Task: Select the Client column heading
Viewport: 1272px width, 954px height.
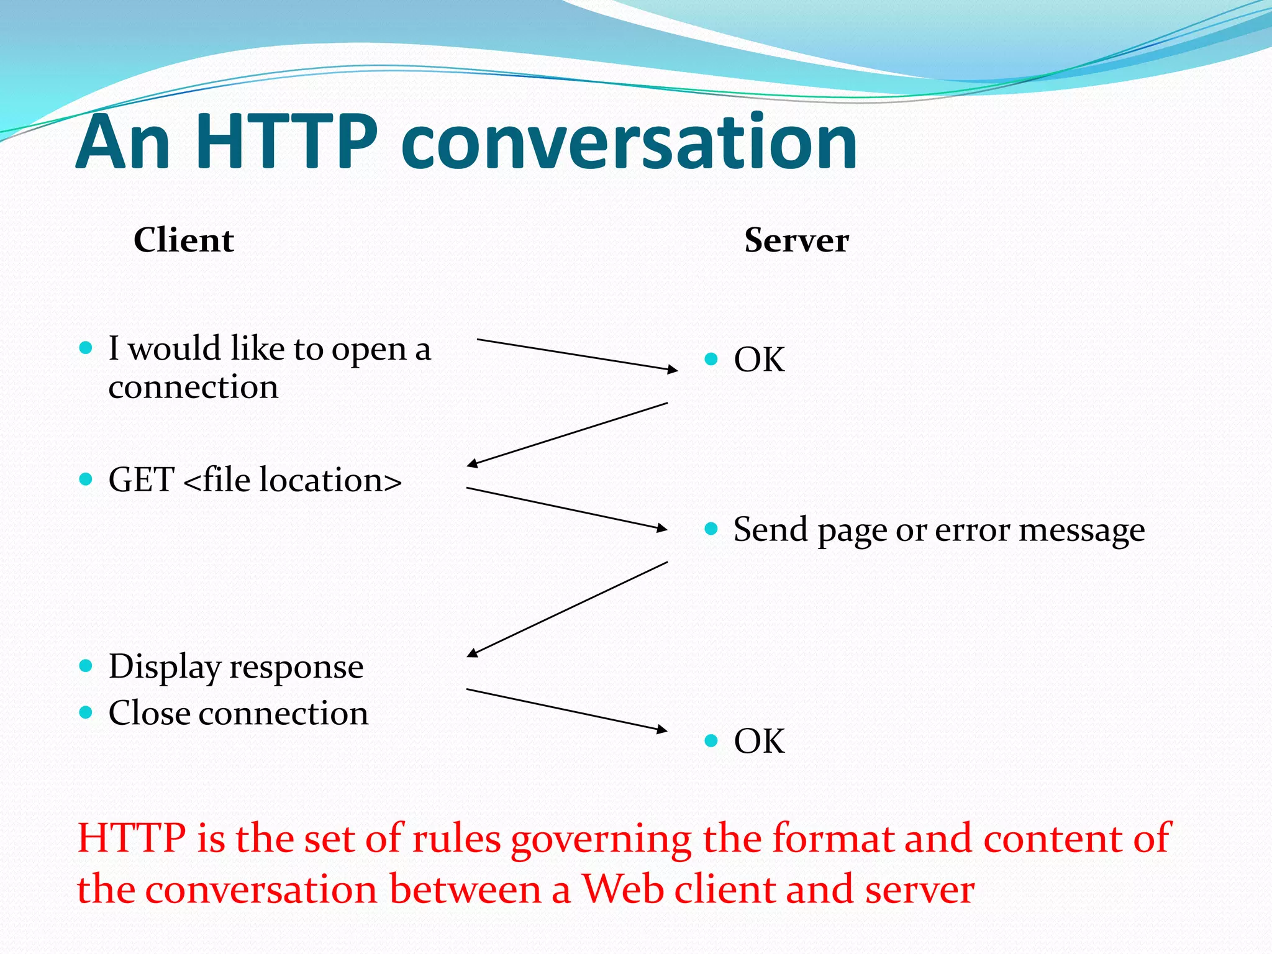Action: pyautogui.click(x=184, y=240)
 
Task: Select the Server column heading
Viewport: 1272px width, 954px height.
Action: pyautogui.click(x=796, y=240)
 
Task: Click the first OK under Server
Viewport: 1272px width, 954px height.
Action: pyautogui.click(x=759, y=360)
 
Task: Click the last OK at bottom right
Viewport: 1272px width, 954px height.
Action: pyautogui.click(x=759, y=741)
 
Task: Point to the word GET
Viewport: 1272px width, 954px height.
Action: pyautogui.click(x=141, y=480)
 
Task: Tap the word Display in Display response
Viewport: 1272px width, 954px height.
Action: pyautogui.click(x=165, y=668)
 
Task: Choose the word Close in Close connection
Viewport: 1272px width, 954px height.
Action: pyautogui.click(x=149, y=713)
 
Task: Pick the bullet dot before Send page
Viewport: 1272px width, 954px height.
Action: pyautogui.click(x=712, y=529)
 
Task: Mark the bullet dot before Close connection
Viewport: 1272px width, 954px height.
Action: pyautogui.click(x=86, y=712)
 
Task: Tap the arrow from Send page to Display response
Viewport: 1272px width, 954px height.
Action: pyautogui.click(x=566, y=609)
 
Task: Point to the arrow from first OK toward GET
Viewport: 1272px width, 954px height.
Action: pyautogui.click(x=566, y=434)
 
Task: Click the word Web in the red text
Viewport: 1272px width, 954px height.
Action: pyautogui.click(x=624, y=889)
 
